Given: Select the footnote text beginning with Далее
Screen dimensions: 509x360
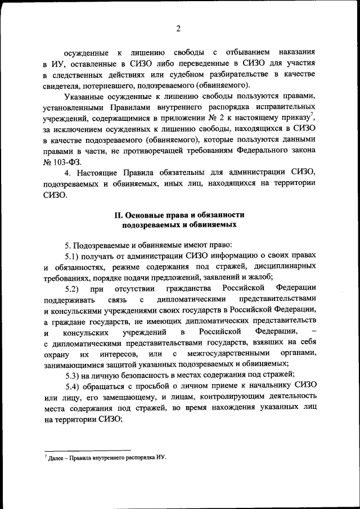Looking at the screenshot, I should (107, 457).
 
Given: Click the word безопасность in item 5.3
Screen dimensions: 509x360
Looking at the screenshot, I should (149, 375).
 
